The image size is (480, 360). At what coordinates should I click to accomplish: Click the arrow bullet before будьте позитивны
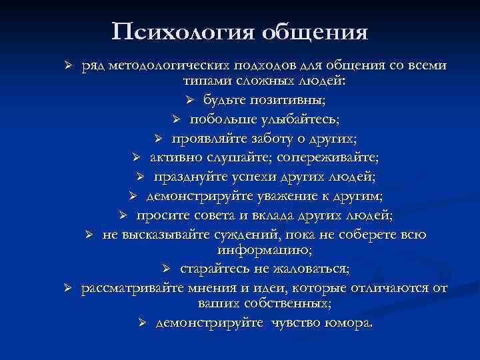pos(189,100)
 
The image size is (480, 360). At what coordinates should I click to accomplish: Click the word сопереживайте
pos(334,158)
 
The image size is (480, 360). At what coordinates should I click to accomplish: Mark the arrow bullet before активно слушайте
pos(135,159)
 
